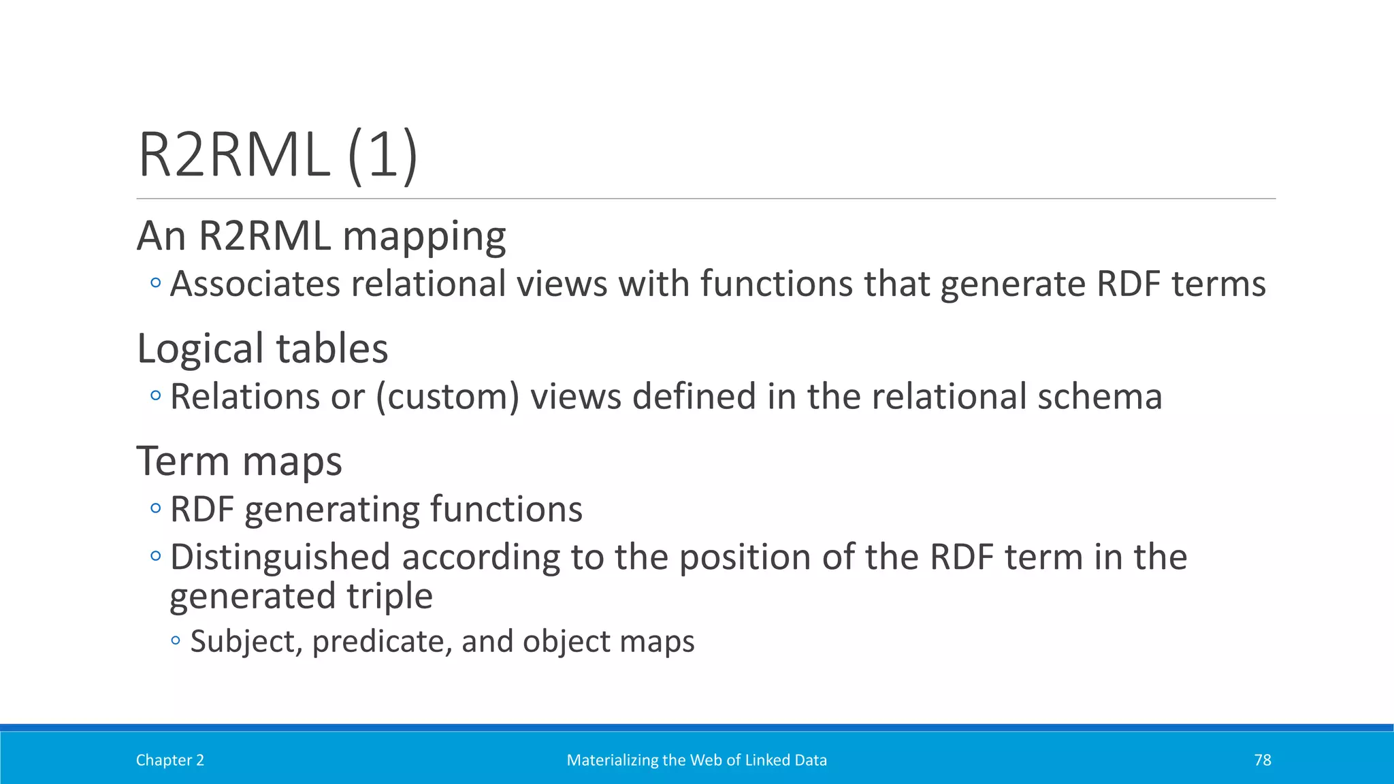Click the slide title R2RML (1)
tap(278, 155)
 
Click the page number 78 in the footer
tap(1262, 760)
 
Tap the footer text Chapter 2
tap(169, 760)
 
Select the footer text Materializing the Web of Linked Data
tap(696, 760)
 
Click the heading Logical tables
tap(262, 348)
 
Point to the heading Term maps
tap(239, 461)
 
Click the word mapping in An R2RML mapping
tap(424, 236)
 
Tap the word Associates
tap(255, 284)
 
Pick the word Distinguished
tap(280, 557)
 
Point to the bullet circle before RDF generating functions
tap(156, 508)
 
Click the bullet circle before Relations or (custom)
tap(156, 395)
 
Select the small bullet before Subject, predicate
tap(176, 640)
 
